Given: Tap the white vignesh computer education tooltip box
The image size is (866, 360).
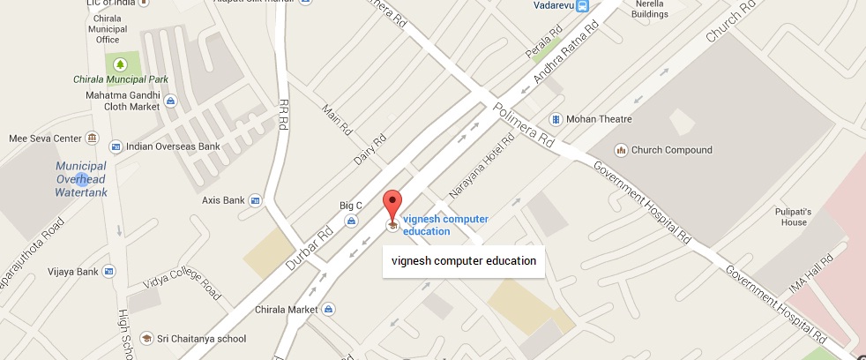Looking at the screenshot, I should (463, 260).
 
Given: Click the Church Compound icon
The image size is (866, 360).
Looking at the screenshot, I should (620, 150).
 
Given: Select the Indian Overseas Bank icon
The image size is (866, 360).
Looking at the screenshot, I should (115, 146).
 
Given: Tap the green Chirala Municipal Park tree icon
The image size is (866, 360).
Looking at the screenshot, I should (119, 64).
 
